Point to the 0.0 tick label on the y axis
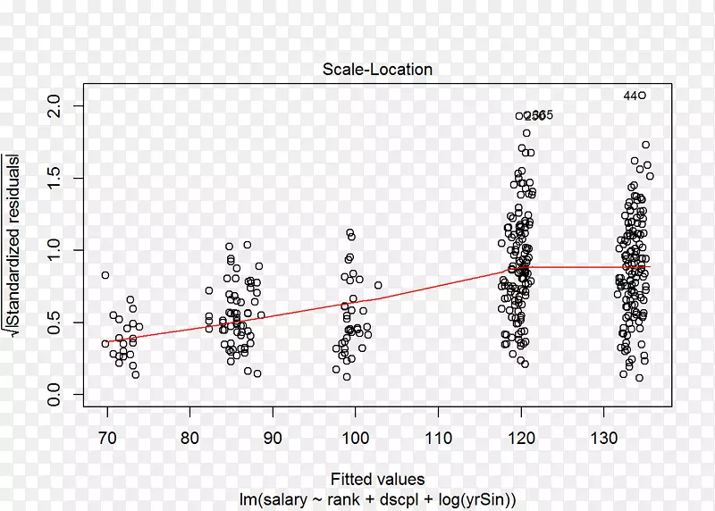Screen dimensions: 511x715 tap(56, 394)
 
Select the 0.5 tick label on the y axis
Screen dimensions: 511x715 tap(56, 323)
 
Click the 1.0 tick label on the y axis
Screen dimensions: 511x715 tap(56, 250)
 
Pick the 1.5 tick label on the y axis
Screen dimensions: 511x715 tap(56, 178)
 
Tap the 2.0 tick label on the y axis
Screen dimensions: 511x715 tap(56, 106)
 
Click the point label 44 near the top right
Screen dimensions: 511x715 tap(630, 96)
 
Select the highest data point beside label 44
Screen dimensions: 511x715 tap(642, 96)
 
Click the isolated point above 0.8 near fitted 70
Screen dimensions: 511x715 tap(105, 275)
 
